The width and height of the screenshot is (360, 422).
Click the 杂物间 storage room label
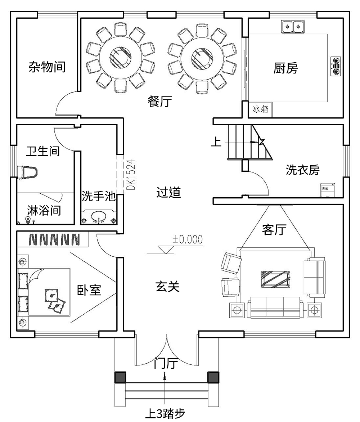[47, 67]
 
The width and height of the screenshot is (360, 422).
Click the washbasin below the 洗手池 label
[98, 217]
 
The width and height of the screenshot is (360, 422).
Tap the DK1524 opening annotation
[132, 175]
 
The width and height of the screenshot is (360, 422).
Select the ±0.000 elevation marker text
[187, 239]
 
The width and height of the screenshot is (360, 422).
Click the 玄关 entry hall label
[167, 287]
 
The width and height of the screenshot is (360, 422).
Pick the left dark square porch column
[120, 377]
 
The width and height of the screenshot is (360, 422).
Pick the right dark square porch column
[213, 377]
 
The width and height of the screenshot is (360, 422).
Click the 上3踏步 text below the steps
[165, 413]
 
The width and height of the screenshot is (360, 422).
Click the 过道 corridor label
[168, 193]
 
